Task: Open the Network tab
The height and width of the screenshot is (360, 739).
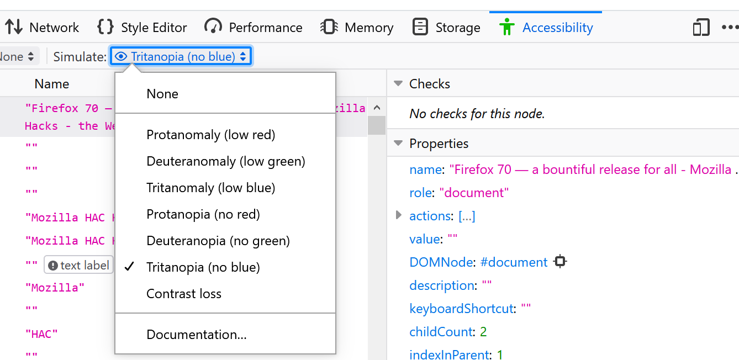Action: coord(42,28)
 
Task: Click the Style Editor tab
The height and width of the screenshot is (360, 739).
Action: coord(142,28)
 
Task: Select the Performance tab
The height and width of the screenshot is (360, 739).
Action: coord(253,28)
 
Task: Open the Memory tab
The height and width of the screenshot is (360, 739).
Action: coord(357,28)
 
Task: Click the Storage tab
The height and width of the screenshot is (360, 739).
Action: coord(446,28)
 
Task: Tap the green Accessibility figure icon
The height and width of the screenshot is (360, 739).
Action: coord(506,27)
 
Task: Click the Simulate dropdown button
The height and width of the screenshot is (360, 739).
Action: coord(181,56)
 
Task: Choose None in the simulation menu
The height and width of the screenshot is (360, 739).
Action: coord(162,94)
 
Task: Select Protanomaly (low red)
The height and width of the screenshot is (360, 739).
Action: coord(211,135)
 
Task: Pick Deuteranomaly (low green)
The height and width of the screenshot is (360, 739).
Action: coord(226,161)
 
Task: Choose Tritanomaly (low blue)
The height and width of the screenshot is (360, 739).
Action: coord(211,188)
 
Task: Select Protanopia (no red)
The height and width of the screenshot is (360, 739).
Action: coord(203,214)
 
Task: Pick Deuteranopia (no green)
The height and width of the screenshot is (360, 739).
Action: coord(218,241)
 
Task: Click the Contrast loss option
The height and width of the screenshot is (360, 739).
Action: coord(184,294)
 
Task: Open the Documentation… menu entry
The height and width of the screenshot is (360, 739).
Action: coord(196,335)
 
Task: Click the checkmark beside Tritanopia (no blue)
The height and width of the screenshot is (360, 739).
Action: coord(130,266)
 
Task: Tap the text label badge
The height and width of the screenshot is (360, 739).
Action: coord(78,265)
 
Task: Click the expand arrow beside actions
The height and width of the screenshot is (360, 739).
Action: coord(399,215)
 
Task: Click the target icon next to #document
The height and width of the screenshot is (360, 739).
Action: coord(560,261)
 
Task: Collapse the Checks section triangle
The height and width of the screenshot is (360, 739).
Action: coord(399,83)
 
